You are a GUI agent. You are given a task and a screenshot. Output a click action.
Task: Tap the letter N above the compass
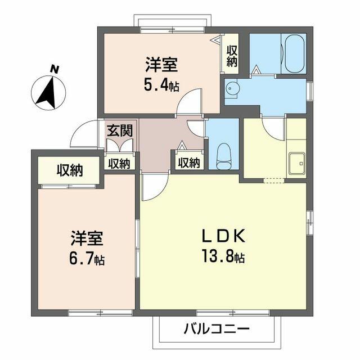pyautogui.click(x=55, y=69)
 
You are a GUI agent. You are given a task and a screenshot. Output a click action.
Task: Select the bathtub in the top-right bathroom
pyautogui.click(x=294, y=55)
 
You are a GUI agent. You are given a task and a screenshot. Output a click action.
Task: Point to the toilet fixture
pyautogui.click(x=224, y=153)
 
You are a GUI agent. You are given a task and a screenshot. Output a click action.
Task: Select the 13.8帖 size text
pyautogui.click(x=223, y=258)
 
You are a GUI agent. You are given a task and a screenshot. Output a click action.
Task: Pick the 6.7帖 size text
pyautogui.click(x=84, y=259)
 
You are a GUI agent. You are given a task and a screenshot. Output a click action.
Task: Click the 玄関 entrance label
pyautogui.click(x=120, y=131)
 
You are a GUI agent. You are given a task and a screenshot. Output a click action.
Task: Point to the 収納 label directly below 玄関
pyautogui.click(x=119, y=163)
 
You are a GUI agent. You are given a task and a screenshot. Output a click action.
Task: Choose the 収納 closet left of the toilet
pyautogui.click(x=188, y=163)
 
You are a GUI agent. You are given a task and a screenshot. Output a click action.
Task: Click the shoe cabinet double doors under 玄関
pyautogui.click(x=120, y=145)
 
